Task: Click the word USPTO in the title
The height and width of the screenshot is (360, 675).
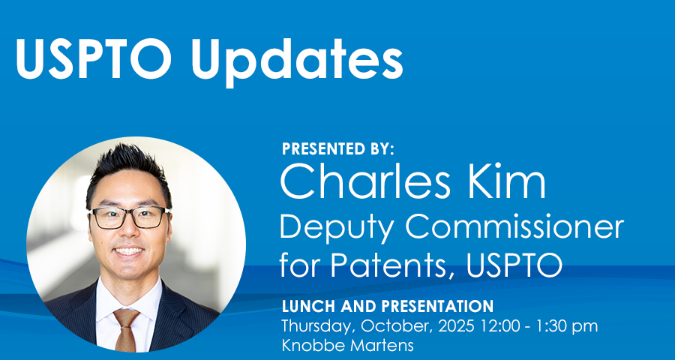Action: (x=93, y=58)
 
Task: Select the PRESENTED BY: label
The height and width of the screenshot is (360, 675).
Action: (x=338, y=149)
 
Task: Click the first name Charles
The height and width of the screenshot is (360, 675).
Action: (x=365, y=181)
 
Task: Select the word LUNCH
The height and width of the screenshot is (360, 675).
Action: (x=309, y=306)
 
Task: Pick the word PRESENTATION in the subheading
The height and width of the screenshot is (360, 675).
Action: (x=437, y=306)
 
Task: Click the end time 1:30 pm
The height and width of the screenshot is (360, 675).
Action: (x=563, y=326)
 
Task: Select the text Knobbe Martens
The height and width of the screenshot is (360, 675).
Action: (x=347, y=345)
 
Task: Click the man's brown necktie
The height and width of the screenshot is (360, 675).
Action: (x=126, y=329)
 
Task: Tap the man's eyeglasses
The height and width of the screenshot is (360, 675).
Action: (x=129, y=217)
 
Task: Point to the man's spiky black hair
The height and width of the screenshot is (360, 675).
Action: (x=127, y=170)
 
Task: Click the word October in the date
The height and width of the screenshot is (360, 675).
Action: (x=397, y=326)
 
